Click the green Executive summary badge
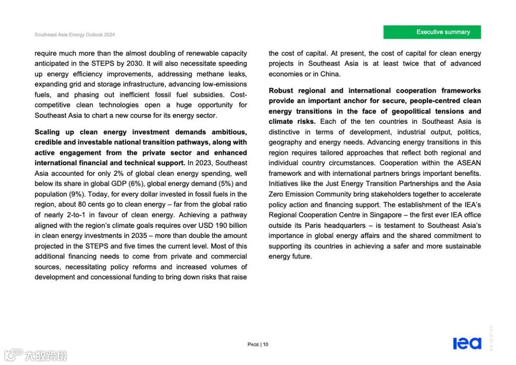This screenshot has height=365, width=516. tap(432, 32)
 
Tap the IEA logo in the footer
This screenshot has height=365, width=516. tap(467, 343)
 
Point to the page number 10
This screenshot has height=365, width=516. tap(266, 344)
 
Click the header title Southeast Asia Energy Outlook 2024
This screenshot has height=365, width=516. tap(75, 35)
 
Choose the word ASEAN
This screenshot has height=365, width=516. tap(469, 163)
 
